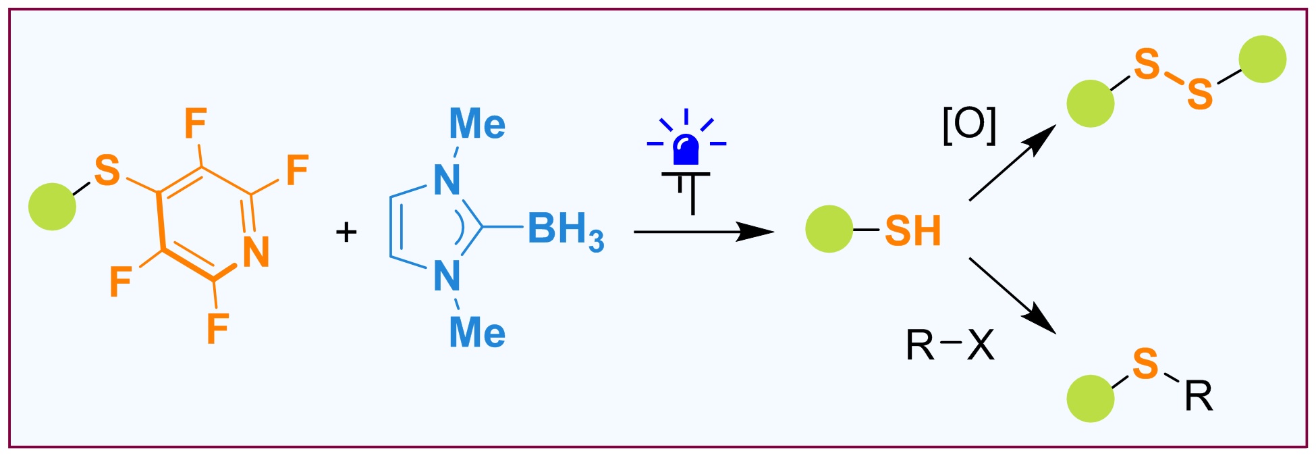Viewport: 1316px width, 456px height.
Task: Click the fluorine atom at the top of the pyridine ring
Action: click(x=196, y=124)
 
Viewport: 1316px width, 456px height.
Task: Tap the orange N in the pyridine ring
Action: click(x=256, y=252)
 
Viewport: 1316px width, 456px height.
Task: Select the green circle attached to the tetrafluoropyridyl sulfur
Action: click(x=52, y=207)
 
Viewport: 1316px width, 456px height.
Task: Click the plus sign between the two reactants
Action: click(x=346, y=232)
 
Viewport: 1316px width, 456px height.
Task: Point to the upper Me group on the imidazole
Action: click(x=477, y=124)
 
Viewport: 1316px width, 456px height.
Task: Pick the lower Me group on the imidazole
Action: click(x=477, y=333)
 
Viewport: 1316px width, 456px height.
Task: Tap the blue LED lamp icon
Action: click(x=686, y=150)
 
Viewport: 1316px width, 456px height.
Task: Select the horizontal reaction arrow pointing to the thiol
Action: click(x=702, y=232)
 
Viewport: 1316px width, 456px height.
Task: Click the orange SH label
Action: click(x=912, y=231)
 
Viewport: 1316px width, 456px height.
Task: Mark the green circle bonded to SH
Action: click(x=829, y=230)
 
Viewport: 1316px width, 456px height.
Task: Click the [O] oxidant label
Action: click(x=969, y=126)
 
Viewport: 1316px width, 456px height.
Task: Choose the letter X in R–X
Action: click(x=981, y=346)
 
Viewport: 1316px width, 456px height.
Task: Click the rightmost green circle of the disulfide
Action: click(x=1262, y=59)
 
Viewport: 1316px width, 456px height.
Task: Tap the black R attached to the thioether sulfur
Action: click(x=1199, y=397)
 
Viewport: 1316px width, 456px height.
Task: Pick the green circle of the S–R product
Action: click(x=1090, y=399)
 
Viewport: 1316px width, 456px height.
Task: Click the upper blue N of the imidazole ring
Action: click(x=447, y=180)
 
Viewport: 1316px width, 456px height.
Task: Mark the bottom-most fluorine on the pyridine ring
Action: click(x=217, y=328)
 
